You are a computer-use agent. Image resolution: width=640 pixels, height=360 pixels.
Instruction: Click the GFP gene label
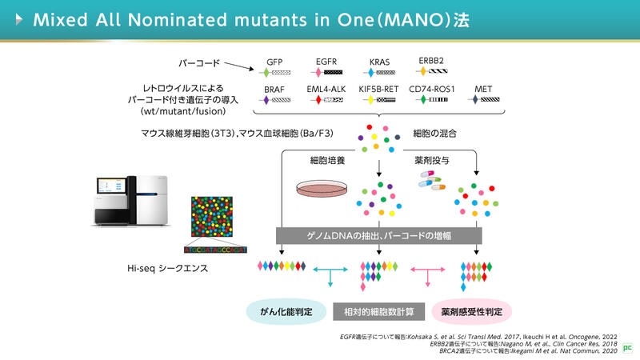click(x=274, y=61)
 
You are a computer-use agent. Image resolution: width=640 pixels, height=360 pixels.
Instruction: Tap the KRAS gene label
click(x=380, y=61)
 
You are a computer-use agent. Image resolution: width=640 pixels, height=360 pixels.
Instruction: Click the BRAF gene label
click(x=274, y=89)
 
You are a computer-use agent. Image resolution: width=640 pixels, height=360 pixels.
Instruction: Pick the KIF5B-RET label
click(x=379, y=89)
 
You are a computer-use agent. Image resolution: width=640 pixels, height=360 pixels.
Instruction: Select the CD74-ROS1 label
click(x=432, y=89)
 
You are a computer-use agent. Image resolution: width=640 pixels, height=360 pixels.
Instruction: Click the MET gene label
click(x=484, y=89)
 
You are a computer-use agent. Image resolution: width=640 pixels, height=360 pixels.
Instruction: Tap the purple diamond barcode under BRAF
click(x=266, y=101)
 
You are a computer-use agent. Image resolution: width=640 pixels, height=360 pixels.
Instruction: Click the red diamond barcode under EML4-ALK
click(x=318, y=101)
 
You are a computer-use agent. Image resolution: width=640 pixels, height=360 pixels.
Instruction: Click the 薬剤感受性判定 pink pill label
click(x=471, y=310)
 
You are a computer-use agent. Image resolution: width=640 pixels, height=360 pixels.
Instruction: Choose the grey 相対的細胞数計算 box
click(x=379, y=310)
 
